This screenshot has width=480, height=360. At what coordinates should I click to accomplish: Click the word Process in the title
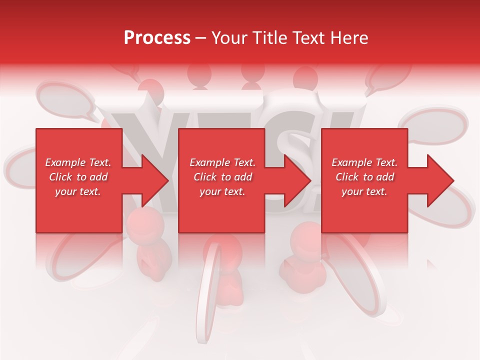(x=157, y=38)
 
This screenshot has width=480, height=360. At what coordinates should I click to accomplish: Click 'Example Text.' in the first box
(x=78, y=162)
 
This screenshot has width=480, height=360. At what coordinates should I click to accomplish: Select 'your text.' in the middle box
(x=222, y=191)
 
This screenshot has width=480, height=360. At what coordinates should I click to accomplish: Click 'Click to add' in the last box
(x=364, y=177)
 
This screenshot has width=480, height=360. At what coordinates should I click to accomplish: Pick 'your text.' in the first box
(x=78, y=191)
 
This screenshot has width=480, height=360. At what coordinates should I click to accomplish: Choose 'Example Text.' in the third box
(x=364, y=162)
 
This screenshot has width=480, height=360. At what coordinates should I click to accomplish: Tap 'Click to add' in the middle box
(x=222, y=177)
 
